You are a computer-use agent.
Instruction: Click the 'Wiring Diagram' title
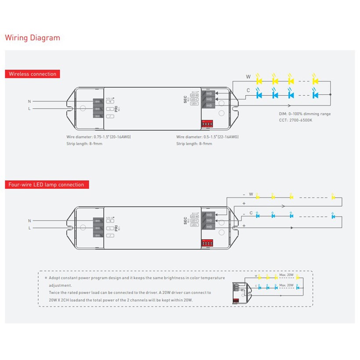pyautogui.click(x=32, y=38)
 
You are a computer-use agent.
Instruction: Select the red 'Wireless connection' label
pyautogui.click(x=32, y=74)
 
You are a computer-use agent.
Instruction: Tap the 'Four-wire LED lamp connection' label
pyautogui.click(x=47, y=184)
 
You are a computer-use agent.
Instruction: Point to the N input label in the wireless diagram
pyautogui.click(x=30, y=101)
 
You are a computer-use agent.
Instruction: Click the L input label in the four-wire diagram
pyautogui.click(x=30, y=228)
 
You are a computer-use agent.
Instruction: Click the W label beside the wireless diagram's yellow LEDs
pyautogui.click(x=248, y=77)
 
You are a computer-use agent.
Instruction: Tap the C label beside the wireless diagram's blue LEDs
pyautogui.click(x=248, y=90)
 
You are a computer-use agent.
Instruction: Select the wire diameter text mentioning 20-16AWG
pyautogui.click(x=98, y=137)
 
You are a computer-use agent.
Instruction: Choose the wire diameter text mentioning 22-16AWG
pyautogui.click(x=207, y=137)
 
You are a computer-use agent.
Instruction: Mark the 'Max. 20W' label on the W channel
pyautogui.click(x=286, y=275)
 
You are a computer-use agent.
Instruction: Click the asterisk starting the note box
pyautogui.click(x=46, y=278)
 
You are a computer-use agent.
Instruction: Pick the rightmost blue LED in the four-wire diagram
pyautogui.click(x=333, y=215)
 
